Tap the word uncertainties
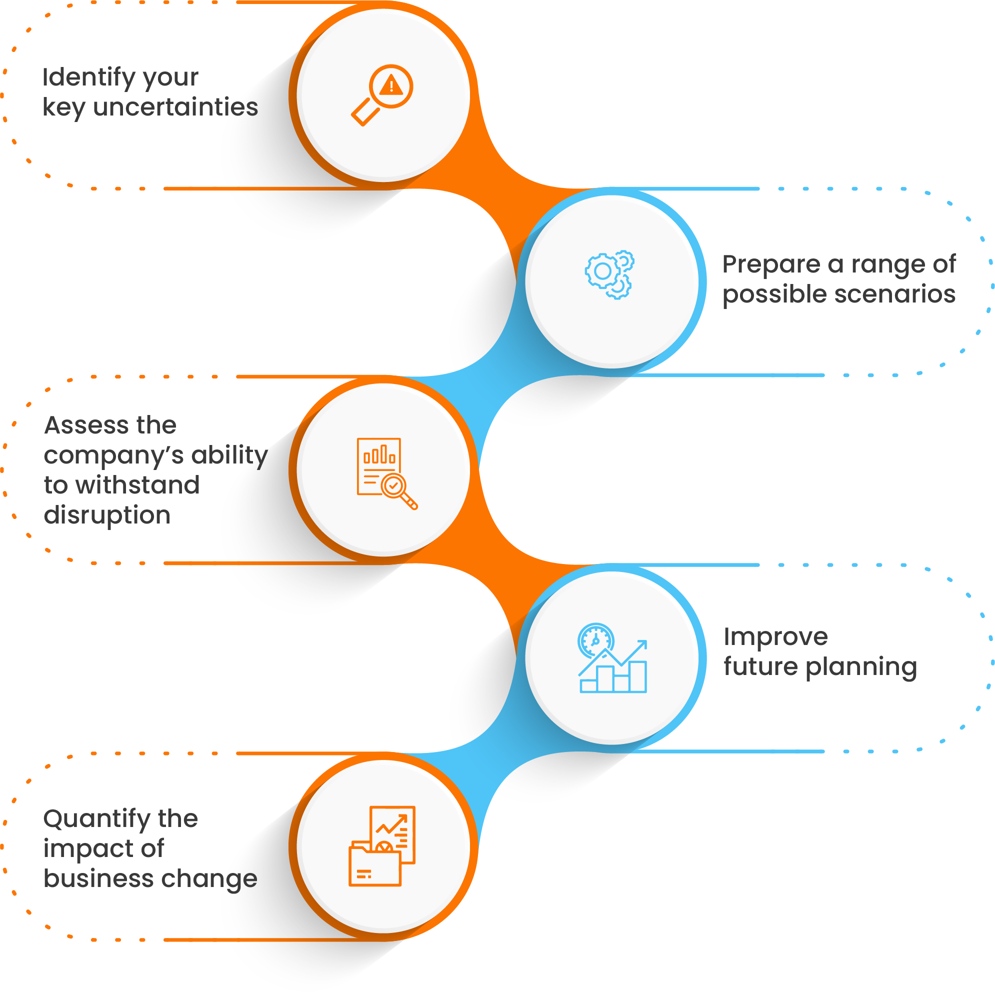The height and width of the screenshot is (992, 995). pyautogui.click(x=175, y=107)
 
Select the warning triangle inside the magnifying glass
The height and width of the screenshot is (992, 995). pyautogui.click(x=391, y=85)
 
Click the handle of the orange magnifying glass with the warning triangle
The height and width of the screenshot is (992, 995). pyautogui.click(x=364, y=113)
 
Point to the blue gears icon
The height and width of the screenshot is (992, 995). pyautogui.click(x=609, y=274)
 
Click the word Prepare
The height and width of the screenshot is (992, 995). pyautogui.click(x=770, y=264)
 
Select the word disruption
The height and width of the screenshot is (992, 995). pyautogui.click(x=106, y=515)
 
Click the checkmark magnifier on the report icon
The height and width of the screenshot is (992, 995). pyautogui.click(x=395, y=486)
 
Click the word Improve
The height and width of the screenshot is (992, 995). pyautogui.click(x=775, y=637)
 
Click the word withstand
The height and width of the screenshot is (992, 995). pyautogui.click(x=137, y=485)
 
